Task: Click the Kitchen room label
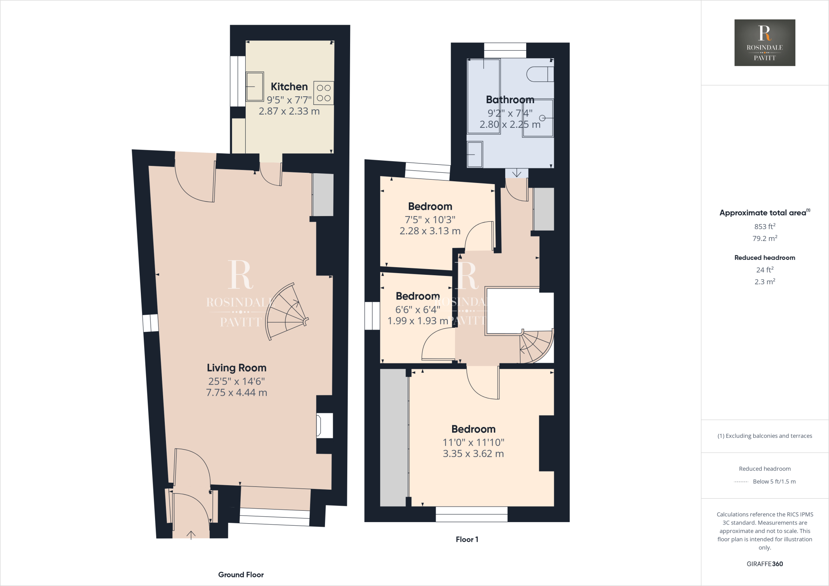pos(289,87)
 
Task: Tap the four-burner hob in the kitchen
pos(323,93)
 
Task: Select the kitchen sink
pos(255,86)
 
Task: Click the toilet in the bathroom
pos(540,74)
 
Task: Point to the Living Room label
pos(236,368)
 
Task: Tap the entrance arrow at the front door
pos(191,535)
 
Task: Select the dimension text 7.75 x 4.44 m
pos(236,393)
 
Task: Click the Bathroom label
pos(510,100)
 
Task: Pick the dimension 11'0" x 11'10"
pos(473,442)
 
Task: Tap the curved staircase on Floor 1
pos(536,346)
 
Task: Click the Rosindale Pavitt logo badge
pos(765,42)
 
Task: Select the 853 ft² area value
pos(765,227)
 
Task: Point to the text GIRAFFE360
pos(765,564)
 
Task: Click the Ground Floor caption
pos(241,575)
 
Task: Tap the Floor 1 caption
pos(467,539)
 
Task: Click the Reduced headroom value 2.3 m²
pos(765,282)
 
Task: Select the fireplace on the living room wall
pos(325,425)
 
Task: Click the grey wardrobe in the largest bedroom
pos(393,437)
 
